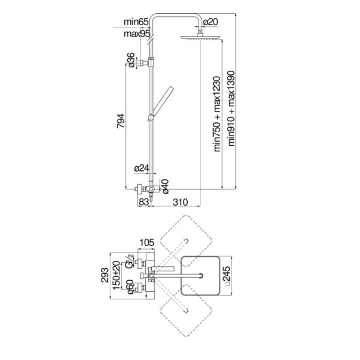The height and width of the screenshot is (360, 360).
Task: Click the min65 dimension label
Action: (136, 22)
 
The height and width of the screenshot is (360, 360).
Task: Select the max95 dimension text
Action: (137, 34)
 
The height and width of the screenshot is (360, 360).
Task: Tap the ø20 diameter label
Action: (211, 22)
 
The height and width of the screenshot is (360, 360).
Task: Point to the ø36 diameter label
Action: (130, 60)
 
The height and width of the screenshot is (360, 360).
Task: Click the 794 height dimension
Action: (121, 121)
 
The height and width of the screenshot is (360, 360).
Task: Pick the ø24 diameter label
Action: (142, 168)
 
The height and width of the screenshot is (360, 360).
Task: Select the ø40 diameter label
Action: (165, 186)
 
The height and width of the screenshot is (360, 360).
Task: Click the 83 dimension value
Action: (144, 202)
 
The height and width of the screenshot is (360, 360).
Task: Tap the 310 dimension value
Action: (181, 202)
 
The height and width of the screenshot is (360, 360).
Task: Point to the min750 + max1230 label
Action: (217, 114)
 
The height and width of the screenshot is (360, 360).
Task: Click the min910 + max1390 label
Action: (231, 109)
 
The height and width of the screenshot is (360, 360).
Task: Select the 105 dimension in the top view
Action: (147, 242)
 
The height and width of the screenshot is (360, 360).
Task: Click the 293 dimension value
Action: (104, 275)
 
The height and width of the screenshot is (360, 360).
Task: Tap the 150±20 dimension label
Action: (116, 275)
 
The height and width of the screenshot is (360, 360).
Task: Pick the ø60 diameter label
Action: (130, 287)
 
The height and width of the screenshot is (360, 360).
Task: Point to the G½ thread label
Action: (129, 261)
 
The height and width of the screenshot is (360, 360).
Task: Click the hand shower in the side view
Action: (161, 103)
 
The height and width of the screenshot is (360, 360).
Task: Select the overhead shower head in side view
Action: (200, 37)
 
